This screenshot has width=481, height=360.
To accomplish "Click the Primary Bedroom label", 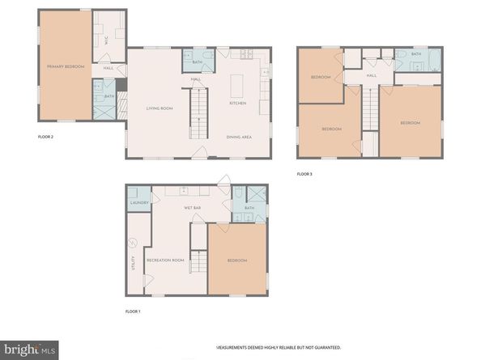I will tap(66, 66).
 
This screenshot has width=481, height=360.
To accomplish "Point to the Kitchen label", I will tap(237, 103).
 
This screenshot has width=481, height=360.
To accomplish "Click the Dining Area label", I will tap(239, 137).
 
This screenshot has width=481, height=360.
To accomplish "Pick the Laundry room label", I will tap(138, 203).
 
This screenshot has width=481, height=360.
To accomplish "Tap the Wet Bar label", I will tap(192, 208).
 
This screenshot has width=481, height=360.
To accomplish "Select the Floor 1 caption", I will tap(133, 311).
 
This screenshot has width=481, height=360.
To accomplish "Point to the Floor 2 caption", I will tap(46, 138).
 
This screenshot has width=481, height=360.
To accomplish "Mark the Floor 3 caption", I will tap(304, 174).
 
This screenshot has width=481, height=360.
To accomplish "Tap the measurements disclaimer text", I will tap(278, 346).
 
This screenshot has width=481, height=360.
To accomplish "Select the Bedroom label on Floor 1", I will tap(236, 260).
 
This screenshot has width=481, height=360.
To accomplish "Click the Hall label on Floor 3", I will tap(371, 76).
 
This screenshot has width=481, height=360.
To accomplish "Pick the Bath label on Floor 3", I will tap(415, 54).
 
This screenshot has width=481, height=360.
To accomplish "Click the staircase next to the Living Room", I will tap(198, 116).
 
